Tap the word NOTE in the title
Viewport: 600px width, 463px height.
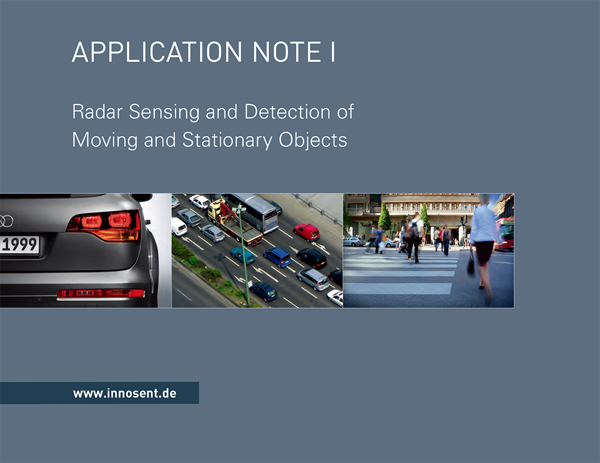(287, 52)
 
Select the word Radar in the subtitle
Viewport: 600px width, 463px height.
(97, 112)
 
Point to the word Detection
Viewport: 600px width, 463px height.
(287, 112)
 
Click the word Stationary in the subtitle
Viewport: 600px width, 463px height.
(227, 140)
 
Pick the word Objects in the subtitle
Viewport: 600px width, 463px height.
(313, 140)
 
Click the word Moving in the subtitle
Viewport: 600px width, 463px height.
(104, 140)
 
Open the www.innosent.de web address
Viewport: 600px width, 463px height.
(125, 393)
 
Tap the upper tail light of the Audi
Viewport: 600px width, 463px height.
(104, 226)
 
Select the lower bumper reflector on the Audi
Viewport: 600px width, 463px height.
(101, 294)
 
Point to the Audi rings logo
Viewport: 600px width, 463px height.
(6, 222)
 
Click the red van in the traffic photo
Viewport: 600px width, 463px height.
(307, 232)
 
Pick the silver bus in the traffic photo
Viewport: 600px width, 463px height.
(254, 212)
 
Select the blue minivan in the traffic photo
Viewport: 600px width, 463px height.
(277, 257)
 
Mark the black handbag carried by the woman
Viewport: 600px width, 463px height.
(471, 264)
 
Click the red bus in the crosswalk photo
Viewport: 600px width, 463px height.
(505, 234)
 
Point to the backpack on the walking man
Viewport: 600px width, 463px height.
(414, 229)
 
